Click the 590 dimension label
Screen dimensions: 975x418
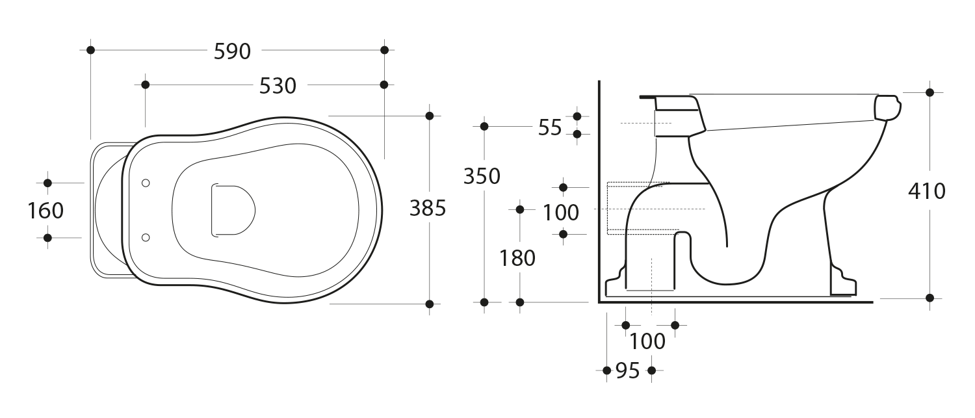coord(232,51)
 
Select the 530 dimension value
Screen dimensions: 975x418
coord(278,86)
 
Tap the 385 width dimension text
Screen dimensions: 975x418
coord(428,208)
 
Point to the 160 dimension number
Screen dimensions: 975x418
coord(45,211)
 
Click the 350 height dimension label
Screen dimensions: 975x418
coord(482,176)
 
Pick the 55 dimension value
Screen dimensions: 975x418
coord(550,127)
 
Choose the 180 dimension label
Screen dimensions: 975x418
coord(517,258)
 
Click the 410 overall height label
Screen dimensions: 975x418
coord(927,191)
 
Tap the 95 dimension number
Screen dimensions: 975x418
coord(628,371)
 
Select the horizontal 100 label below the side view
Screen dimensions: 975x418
coord(647,341)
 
